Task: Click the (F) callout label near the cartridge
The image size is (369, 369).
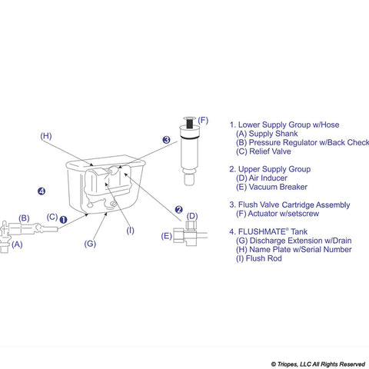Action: tap(203, 121)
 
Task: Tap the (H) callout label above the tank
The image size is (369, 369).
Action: tap(46, 136)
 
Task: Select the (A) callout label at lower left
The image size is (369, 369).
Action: tap(17, 244)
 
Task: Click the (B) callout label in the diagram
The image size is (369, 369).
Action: tap(24, 218)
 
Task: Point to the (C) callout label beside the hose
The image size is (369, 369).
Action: tap(52, 217)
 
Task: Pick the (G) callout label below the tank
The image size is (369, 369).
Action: tap(90, 244)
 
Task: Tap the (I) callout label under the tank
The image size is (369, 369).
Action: tap(130, 230)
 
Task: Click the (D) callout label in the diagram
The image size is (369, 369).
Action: tap(192, 216)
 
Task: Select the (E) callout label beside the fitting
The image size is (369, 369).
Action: tap(167, 236)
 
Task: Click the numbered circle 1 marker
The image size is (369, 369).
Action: tap(64, 218)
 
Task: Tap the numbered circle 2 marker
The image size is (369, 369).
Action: tap(178, 209)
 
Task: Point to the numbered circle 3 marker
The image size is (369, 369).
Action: tap(165, 140)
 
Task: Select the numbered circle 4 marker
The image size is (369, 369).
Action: tap(42, 191)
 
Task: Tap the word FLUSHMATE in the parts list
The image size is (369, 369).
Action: tap(271, 231)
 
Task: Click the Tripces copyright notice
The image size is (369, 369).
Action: tap(317, 364)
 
